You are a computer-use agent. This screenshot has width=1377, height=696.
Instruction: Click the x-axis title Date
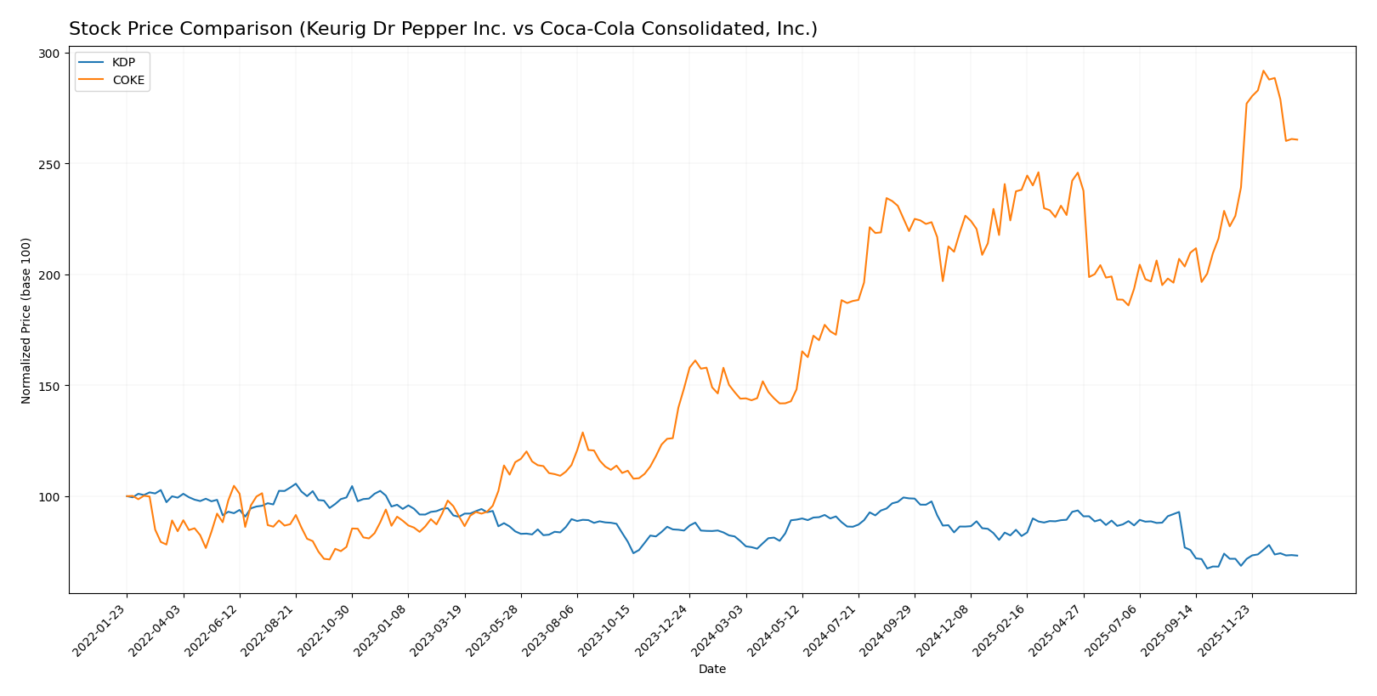click(x=711, y=670)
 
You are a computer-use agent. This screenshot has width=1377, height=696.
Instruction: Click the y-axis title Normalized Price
click(x=26, y=320)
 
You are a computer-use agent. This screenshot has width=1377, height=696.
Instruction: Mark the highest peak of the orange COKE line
click(x=1263, y=71)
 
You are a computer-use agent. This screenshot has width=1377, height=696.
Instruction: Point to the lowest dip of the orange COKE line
click(x=329, y=559)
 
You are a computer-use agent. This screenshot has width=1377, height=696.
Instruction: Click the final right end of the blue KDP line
click(x=1297, y=556)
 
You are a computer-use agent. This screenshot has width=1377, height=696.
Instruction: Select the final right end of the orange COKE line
click(x=1297, y=139)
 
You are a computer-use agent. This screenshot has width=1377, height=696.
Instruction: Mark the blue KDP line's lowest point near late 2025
click(x=1207, y=568)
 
